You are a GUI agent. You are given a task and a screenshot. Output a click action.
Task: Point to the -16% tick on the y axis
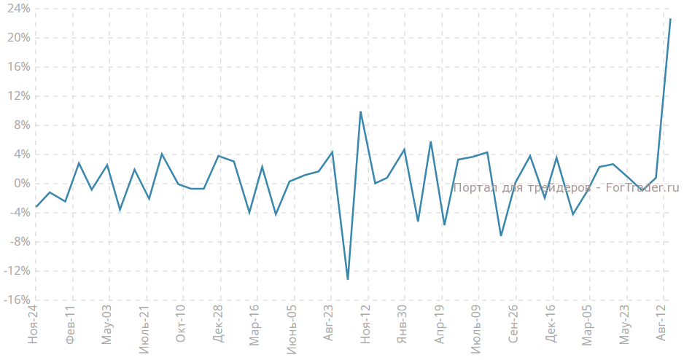tap(18, 300)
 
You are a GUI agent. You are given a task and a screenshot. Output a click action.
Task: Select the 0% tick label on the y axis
tap(21, 184)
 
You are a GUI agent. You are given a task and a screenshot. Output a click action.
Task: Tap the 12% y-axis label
tap(19, 96)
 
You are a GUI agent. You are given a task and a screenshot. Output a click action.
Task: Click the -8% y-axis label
tap(20, 242)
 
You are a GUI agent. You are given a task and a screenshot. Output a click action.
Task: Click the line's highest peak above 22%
tap(671, 19)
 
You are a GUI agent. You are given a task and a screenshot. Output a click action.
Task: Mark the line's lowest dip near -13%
tap(348, 279)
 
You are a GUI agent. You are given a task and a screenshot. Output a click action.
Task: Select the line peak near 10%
tap(361, 111)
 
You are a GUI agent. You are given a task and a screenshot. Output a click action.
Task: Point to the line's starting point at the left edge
tap(36, 207)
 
